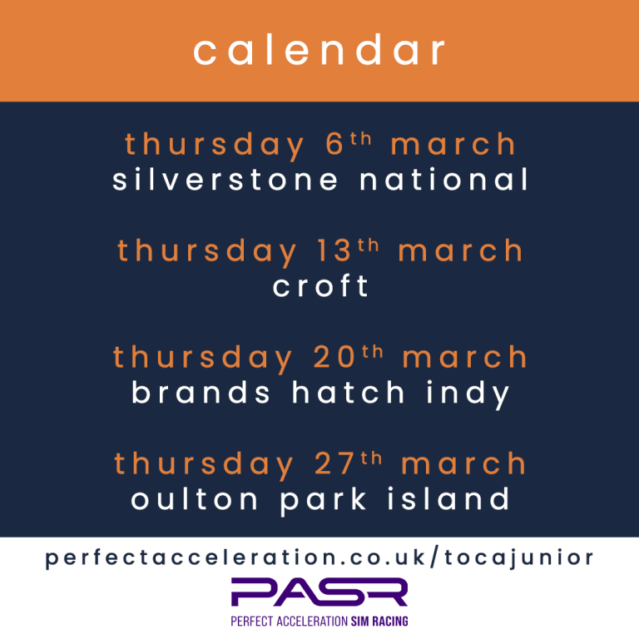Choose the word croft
point(320,286)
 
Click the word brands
point(201,393)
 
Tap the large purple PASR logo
point(319,592)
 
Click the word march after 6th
point(453,145)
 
